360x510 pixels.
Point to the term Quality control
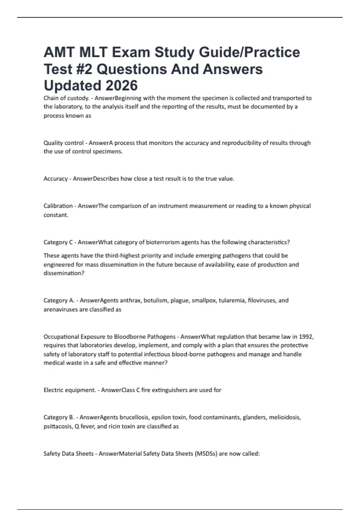tap(64, 143)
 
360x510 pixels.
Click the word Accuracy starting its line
tap(55, 179)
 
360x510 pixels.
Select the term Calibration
tap(58, 206)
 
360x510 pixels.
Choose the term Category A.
tap(59, 300)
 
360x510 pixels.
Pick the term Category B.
tap(59, 417)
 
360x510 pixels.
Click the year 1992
tap(306, 337)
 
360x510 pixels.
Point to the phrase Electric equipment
tap(70, 390)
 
